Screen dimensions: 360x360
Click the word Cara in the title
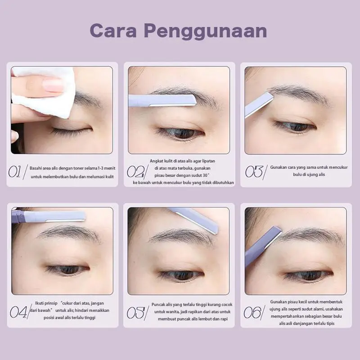pyautogui.click(x=114, y=31)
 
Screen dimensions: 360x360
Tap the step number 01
pyautogui.click(x=15, y=172)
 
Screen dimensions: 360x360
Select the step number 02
pyautogui.click(x=135, y=172)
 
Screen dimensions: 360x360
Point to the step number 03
pyautogui.click(x=254, y=171)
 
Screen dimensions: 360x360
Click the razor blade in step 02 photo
pyautogui.click(x=162, y=100)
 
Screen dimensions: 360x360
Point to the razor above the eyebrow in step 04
pyautogui.click(x=48, y=216)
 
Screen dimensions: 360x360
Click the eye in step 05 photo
pyautogui.click(x=182, y=275)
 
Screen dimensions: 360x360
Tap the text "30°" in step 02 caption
pyautogui.click(x=206, y=175)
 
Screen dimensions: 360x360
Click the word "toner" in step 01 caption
pyautogui.click(x=78, y=168)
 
